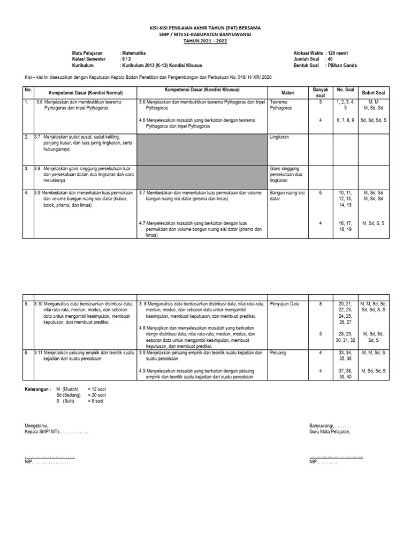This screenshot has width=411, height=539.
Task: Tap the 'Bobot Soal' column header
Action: click(374, 92)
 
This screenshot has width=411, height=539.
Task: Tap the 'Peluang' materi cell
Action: click(278, 353)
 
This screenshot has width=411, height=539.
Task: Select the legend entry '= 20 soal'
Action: click(97, 394)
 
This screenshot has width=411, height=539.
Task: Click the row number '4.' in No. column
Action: click(26, 193)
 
